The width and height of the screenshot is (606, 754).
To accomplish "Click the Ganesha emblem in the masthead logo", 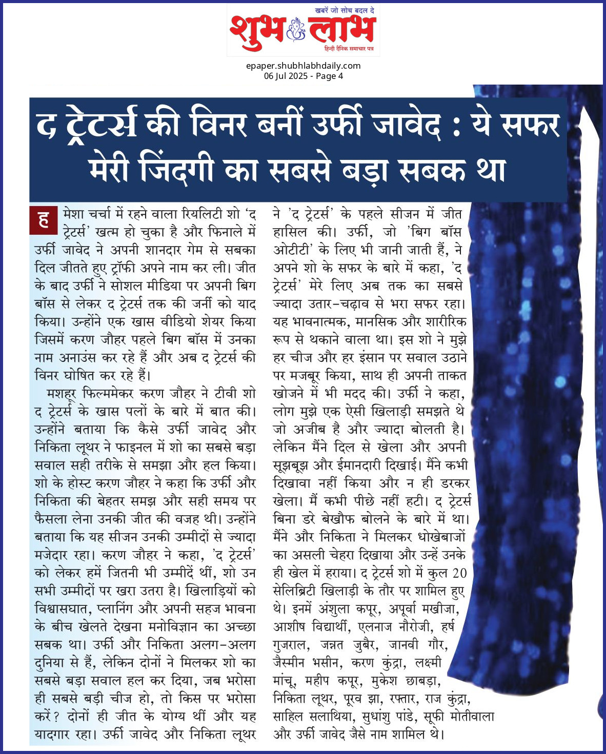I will click(x=296, y=29).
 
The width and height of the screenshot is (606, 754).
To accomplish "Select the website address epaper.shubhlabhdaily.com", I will click(x=303, y=66).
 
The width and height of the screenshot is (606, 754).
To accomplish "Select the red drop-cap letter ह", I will click(x=44, y=219).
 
